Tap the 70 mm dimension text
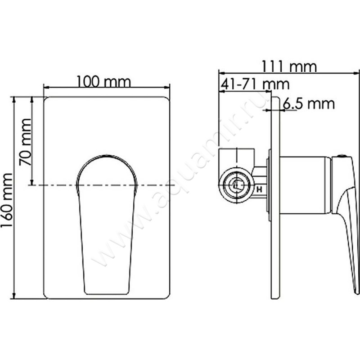pos(26,143)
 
